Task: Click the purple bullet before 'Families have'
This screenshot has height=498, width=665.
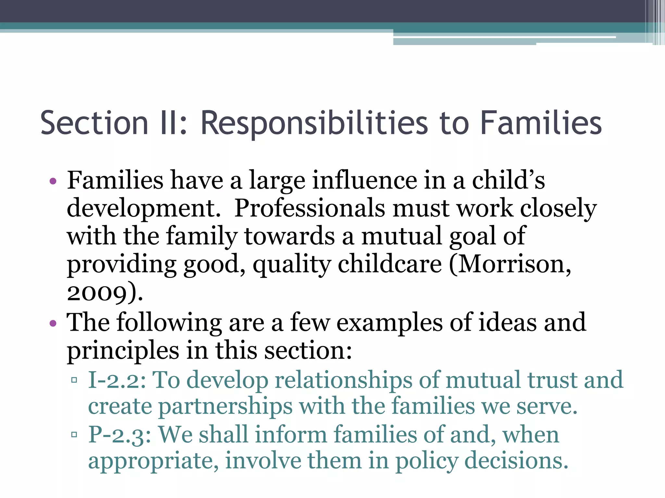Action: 53,181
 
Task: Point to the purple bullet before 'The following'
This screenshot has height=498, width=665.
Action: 53,323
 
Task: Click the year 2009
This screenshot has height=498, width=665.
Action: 96,293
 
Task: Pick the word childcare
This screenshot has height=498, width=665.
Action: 390,264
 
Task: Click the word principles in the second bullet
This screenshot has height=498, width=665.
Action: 123,351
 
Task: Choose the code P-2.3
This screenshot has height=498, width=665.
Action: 119,435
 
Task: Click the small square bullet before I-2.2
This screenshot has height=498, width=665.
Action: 74,380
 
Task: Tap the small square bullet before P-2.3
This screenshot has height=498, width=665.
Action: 74,434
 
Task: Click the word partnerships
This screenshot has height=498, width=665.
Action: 225,407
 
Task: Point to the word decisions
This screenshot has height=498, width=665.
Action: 516,461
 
